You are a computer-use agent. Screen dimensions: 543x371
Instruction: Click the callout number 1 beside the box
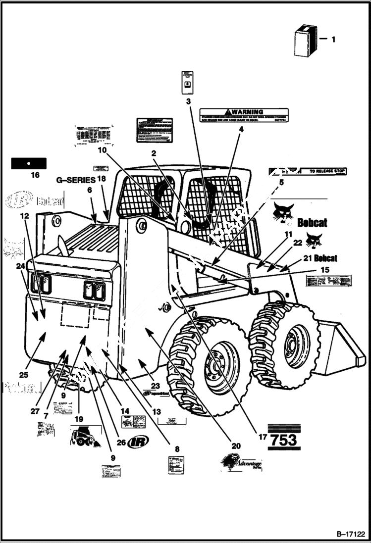pyautogui.click(x=333, y=39)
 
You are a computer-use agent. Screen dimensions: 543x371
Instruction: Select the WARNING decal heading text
pyautogui.click(x=246, y=112)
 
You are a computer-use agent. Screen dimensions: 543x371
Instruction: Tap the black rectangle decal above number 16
pyautogui.click(x=29, y=163)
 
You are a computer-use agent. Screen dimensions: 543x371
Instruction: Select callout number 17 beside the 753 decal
pyautogui.click(x=261, y=437)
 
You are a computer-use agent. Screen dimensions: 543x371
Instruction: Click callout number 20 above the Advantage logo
pyautogui.click(x=236, y=445)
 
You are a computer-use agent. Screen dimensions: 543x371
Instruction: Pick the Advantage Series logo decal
pyautogui.click(x=242, y=463)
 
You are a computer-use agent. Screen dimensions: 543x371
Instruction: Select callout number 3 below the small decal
pyautogui.click(x=188, y=102)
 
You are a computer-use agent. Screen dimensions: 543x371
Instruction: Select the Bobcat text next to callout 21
pyautogui.click(x=325, y=258)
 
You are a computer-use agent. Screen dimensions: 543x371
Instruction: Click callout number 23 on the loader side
pyautogui.click(x=156, y=386)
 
